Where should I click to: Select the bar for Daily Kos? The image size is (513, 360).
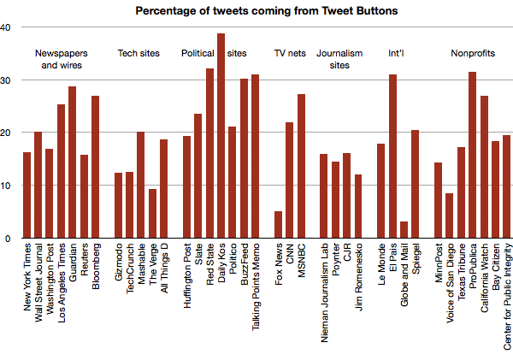[221, 137]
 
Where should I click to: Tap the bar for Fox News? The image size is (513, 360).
[278, 225]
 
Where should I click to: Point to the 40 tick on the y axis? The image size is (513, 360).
[6, 27]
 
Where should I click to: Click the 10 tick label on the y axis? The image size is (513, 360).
[6, 186]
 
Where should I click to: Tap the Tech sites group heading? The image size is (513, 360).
[139, 53]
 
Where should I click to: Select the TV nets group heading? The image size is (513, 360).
[290, 53]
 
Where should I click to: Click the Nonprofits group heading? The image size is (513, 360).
[473, 53]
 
